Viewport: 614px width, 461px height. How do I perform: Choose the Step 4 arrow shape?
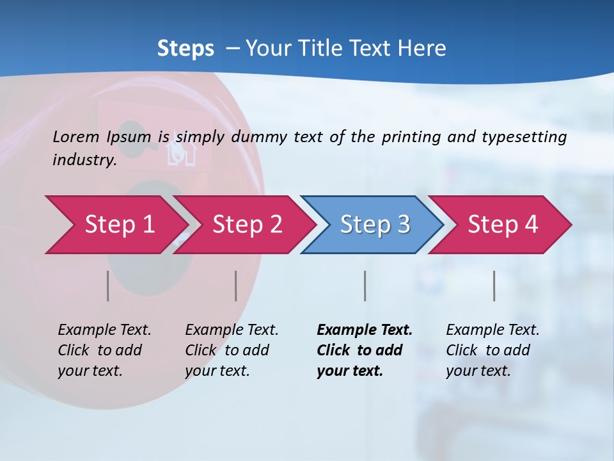[503, 225]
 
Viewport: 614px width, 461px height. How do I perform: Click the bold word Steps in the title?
[185, 49]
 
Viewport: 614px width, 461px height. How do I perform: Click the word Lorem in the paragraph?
[76, 137]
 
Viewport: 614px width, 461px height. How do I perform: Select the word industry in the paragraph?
[84, 160]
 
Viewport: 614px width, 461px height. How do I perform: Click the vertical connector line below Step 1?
[108, 286]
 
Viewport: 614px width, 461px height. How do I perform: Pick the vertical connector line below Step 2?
[236, 286]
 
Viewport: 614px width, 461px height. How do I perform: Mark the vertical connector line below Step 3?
[365, 286]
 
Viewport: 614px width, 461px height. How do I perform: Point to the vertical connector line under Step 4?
[494, 286]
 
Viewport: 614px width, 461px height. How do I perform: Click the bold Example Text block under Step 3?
[364, 350]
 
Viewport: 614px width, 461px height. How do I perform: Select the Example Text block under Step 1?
[104, 350]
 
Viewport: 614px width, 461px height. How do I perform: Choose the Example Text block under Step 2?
[232, 350]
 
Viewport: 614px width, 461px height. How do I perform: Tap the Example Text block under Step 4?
[492, 350]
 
